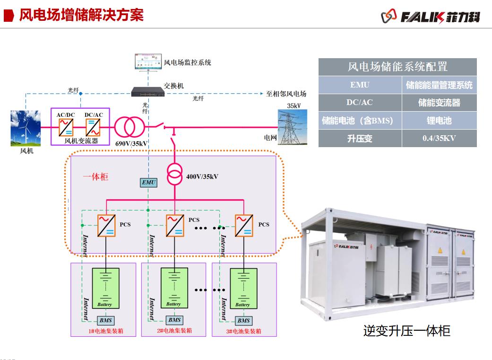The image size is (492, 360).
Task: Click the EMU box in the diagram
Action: [x=148, y=182]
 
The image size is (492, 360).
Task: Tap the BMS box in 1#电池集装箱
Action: [x=105, y=321]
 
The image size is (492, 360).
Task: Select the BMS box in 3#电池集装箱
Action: [x=243, y=321]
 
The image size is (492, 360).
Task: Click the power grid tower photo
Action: [x=293, y=127]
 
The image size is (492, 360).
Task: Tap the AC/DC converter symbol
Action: [x=66, y=127]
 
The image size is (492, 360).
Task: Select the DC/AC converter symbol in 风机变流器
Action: [x=93, y=127]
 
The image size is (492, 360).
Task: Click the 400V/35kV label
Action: [x=202, y=176]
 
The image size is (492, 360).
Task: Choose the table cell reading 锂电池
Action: [x=439, y=121]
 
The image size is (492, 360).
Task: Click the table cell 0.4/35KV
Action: [x=439, y=139]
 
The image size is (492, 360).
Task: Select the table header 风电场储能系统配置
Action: [x=397, y=67]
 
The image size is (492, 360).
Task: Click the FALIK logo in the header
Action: [x=431, y=17]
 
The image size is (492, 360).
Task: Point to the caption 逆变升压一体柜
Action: [x=406, y=330]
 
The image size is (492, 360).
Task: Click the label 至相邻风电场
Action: [x=286, y=94]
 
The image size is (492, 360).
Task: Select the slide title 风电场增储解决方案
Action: [x=81, y=15]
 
